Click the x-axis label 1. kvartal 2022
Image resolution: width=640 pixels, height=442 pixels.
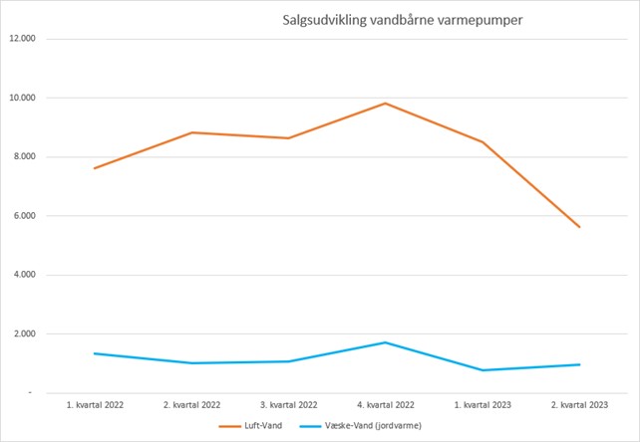coord(96,406)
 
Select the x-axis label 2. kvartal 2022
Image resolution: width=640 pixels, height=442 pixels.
coord(192,406)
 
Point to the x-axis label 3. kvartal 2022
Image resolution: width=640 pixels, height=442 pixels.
coord(289,406)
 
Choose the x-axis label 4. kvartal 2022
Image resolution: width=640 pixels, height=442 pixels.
coord(386,406)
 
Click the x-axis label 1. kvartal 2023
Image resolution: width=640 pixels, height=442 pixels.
coord(482,406)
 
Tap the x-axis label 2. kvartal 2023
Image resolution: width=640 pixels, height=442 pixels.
coord(579,406)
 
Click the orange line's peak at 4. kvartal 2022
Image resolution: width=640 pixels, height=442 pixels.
coord(386,104)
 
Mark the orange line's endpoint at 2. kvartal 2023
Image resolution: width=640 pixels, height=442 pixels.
coord(579,227)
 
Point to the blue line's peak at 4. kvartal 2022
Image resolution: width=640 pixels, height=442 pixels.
coord(386,342)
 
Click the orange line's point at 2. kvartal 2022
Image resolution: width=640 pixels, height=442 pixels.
coord(192,132)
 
